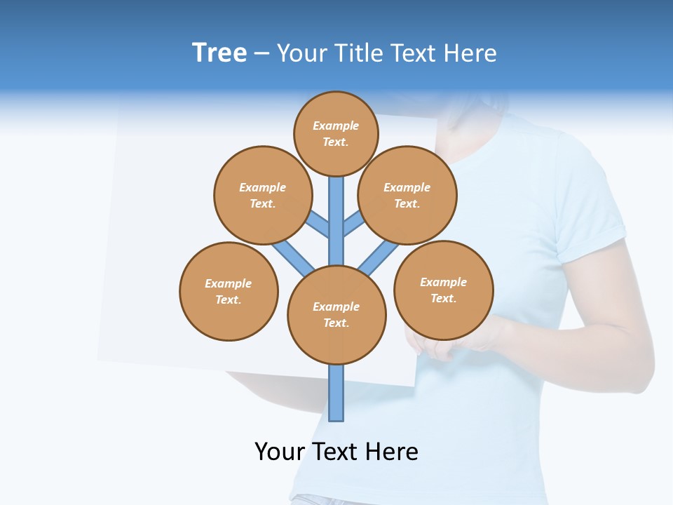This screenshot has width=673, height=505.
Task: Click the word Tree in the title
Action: [x=219, y=53]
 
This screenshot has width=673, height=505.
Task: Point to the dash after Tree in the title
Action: [x=261, y=54]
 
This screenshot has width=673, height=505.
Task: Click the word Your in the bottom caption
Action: [x=280, y=452]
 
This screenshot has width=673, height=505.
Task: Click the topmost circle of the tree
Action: [x=336, y=133]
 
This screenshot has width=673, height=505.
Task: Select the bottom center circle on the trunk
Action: [x=336, y=315]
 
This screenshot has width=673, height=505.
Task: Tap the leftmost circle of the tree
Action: [x=229, y=291]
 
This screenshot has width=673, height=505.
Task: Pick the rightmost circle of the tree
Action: [x=443, y=290]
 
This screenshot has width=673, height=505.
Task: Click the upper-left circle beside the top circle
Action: [x=262, y=195]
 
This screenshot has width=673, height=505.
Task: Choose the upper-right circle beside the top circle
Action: [x=407, y=195]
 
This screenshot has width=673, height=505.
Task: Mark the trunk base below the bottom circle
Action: [x=336, y=393]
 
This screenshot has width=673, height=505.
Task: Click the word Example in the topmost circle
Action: [x=336, y=126]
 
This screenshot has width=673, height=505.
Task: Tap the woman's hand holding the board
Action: [x=449, y=344]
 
